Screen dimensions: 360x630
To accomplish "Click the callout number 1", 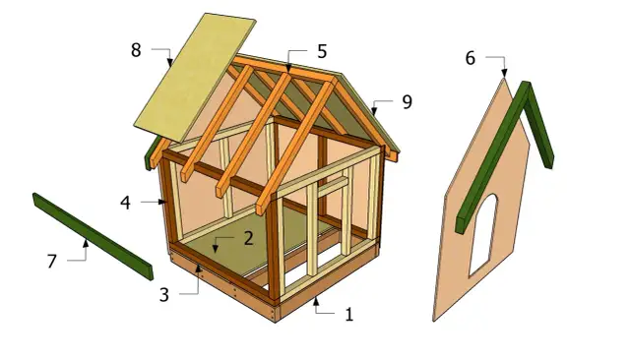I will coord(348,316).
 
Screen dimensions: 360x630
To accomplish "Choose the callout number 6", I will coord(470,58).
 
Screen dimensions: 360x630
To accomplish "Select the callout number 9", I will coord(407,100).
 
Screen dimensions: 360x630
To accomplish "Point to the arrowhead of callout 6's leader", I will coord(504,77).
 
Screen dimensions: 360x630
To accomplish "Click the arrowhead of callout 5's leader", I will coord(289,68).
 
